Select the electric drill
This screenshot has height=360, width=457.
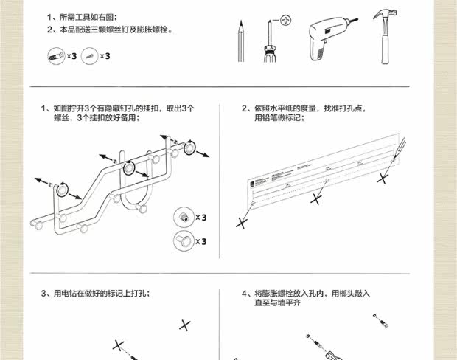click(327, 37)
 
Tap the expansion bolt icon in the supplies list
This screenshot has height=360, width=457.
click(88, 55)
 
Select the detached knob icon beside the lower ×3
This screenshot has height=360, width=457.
click(181, 240)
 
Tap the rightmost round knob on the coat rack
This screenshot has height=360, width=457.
click(189, 148)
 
